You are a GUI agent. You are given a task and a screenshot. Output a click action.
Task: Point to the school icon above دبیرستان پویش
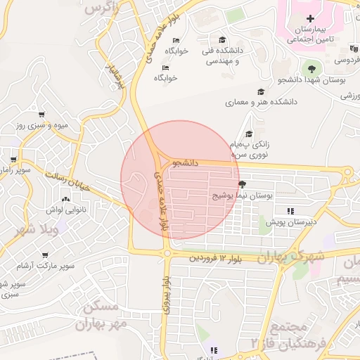pyautogui.click(x=290, y=210)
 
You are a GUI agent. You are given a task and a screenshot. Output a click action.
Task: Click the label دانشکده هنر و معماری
pyautogui.click(x=261, y=103)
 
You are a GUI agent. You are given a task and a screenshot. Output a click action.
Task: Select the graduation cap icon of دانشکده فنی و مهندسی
pyautogui.click(x=223, y=40)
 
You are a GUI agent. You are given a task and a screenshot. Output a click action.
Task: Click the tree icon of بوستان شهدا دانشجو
pyautogui.click(x=313, y=68)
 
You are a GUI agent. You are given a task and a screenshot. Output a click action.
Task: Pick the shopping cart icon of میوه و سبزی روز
pyautogui.click(x=41, y=114)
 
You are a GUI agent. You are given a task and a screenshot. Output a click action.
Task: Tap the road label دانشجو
pyautogui.click(x=185, y=162)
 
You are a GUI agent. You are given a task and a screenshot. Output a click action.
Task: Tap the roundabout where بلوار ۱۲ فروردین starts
pyautogui.click(x=167, y=253)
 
